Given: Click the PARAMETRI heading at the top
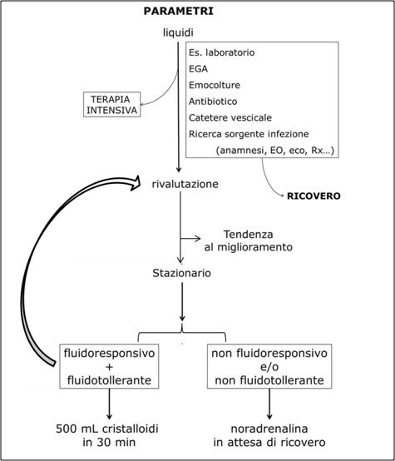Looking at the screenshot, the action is click(x=179, y=11).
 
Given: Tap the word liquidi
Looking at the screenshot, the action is click(x=178, y=32).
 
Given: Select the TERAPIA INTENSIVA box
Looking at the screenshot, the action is click(x=111, y=104).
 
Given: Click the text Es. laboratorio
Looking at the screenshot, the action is click(x=221, y=52).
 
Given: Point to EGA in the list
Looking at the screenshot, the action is click(x=198, y=69).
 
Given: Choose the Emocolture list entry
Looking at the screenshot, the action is click(x=215, y=85).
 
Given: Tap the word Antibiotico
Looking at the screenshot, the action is click(x=213, y=102).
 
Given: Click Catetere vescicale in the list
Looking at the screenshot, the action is click(x=230, y=117).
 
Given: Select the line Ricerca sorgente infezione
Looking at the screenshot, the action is click(x=249, y=134).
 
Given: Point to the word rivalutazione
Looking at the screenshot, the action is click(x=185, y=184).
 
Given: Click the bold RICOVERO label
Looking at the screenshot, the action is click(x=314, y=196).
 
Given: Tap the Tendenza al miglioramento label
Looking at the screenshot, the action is click(x=249, y=240).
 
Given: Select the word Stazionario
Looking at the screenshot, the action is click(x=181, y=273).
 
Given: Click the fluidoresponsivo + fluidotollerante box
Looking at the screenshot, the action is click(x=109, y=366).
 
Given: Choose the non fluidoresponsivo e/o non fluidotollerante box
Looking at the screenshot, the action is click(x=269, y=366).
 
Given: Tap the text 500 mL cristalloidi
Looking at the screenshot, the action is click(x=107, y=429).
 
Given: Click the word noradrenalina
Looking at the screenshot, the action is click(x=269, y=429).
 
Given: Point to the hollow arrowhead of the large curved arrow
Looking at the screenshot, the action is click(x=136, y=182).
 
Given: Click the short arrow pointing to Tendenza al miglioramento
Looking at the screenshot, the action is click(x=190, y=238).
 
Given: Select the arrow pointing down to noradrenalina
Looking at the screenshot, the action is click(x=269, y=404).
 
